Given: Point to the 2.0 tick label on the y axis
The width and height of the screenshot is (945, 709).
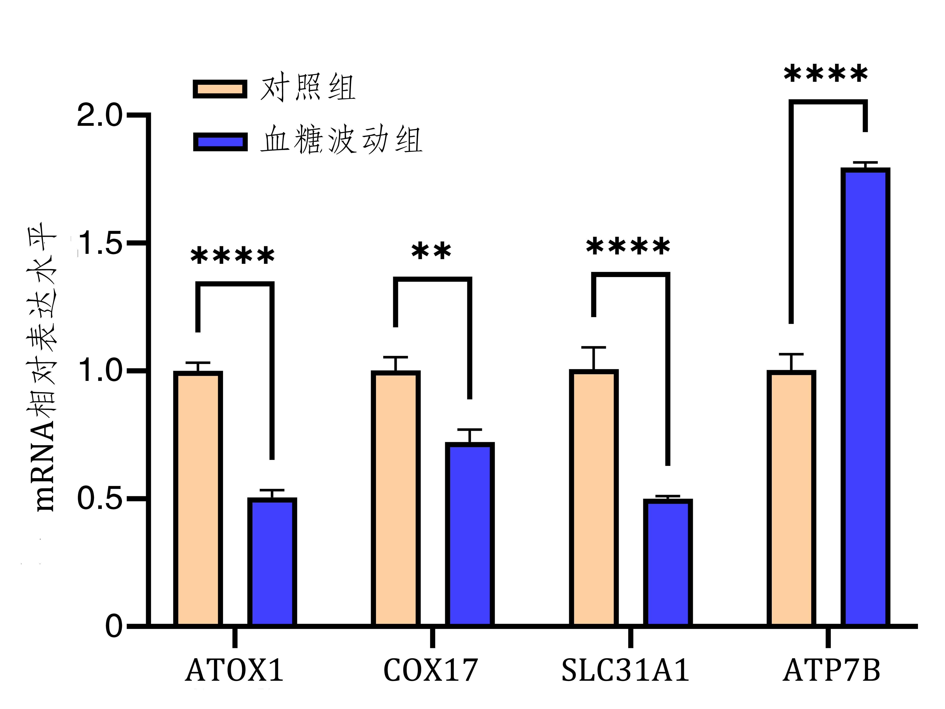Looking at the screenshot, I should coord(99,115).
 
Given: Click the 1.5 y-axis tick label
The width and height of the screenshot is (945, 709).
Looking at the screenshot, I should coord(99,243).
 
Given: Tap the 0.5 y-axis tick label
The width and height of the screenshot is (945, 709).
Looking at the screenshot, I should coord(99,499).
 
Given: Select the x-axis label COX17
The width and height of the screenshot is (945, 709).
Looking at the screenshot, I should coord(431,670).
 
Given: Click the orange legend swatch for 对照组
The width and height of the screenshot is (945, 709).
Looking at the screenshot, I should coord(220,89).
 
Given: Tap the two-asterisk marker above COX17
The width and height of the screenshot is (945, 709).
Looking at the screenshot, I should coord(431,252).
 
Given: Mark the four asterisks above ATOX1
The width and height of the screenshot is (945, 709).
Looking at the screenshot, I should coord(233,256).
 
